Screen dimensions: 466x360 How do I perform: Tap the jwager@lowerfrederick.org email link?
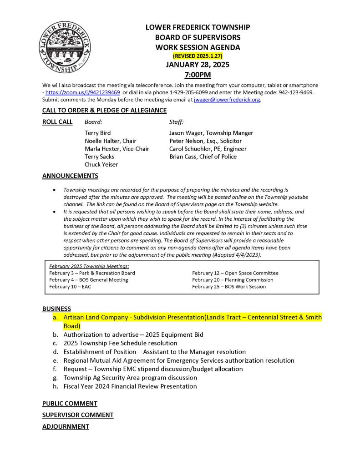click(x=227, y=99)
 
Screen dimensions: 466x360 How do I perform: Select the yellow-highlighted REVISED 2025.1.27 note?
click(x=198, y=56)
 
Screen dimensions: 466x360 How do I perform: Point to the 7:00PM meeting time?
click(x=198, y=74)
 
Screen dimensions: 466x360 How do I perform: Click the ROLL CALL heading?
click(x=57, y=122)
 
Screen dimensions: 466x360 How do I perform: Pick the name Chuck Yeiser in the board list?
click(x=101, y=165)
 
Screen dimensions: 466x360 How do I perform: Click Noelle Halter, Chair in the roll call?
click(x=110, y=141)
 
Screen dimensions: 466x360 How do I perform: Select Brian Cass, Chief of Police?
click(x=203, y=157)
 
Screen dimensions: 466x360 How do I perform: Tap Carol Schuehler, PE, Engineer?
click(x=208, y=149)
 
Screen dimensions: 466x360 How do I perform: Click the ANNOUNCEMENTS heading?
click(x=70, y=176)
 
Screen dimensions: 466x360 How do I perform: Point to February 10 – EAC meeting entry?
click(x=70, y=287)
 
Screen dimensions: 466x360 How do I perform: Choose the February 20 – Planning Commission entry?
click(x=233, y=280)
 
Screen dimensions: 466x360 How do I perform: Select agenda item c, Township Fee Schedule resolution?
click(x=120, y=343)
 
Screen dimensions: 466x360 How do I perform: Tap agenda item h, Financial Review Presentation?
click(x=130, y=386)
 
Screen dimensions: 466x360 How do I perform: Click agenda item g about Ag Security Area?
click(x=130, y=378)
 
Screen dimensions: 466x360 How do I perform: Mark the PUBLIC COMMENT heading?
click(x=70, y=403)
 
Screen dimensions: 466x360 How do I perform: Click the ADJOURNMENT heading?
click(x=66, y=426)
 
